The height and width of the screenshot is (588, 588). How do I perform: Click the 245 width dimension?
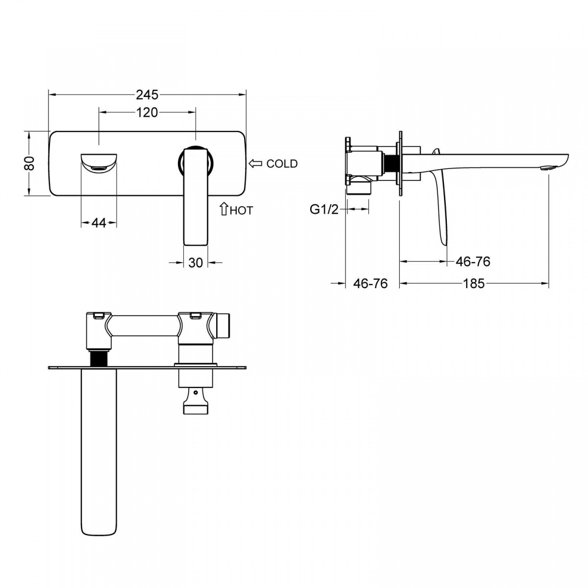(x=147, y=95)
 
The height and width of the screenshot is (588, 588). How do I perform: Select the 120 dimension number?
(x=147, y=113)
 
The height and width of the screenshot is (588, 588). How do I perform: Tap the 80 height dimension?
(x=29, y=163)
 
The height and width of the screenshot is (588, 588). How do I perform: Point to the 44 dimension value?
(x=99, y=223)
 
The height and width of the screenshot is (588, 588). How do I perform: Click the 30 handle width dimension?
(x=196, y=263)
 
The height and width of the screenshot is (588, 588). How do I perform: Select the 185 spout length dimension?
(x=474, y=284)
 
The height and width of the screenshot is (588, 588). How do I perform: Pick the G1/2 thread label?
(x=324, y=210)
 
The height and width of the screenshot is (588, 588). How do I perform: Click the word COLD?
(x=282, y=164)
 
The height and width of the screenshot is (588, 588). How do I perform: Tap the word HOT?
(x=242, y=211)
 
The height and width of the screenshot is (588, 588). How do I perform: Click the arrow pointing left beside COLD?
(x=255, y=164)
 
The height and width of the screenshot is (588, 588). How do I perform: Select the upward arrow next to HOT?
(x=224, y=209)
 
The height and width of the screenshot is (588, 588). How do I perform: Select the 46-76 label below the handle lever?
(x=473, y=262)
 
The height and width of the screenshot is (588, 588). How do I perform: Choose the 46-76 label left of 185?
(x=370, y=284)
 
